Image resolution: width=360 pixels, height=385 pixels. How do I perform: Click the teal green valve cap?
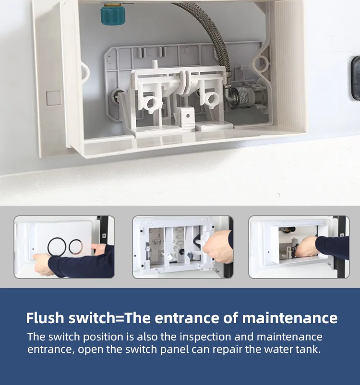(x=111, y=15)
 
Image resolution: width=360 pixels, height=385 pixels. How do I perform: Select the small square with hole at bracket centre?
(x=188, y=116)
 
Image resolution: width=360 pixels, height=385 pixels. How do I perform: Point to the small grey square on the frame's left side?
(x=54, y=98)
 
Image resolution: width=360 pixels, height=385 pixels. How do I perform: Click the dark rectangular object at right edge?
(x=355, y=78)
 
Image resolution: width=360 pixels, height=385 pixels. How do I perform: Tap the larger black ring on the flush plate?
(x=57, y=247)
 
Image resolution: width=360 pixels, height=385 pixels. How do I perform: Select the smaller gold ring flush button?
(x=76, y=246)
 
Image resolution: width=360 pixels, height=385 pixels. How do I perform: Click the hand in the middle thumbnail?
(x=218, y=247)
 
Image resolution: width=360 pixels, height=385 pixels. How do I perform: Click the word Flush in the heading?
(x=45, y=318)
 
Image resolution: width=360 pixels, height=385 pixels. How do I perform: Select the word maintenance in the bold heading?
(x=290, y=318)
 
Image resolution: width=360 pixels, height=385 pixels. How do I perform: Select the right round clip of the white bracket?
(x=211, y=99)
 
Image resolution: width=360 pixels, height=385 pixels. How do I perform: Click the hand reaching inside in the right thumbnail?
(x=307, y=247)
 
